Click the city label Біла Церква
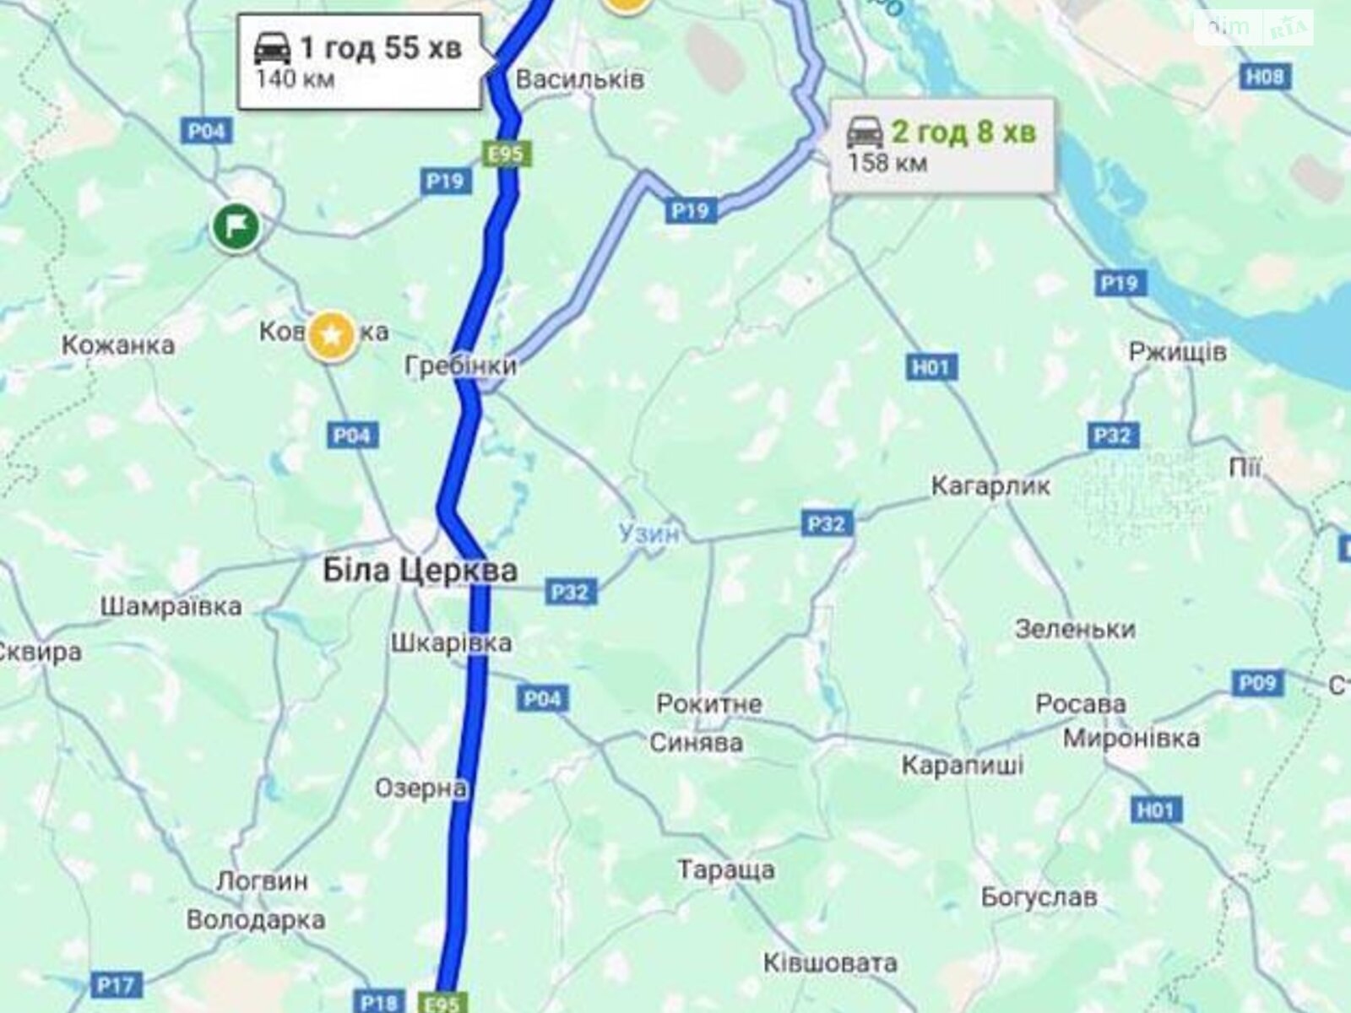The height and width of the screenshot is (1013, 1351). (x=420, y=571)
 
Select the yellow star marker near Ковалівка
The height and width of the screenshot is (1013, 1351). (x=332, y=336)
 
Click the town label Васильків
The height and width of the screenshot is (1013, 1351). (x=579, y=80)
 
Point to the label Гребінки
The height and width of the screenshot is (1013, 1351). (x=460, y=366)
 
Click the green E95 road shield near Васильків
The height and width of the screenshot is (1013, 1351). (x=507, y=154)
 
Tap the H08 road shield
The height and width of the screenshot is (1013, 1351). (x=1264, y=77)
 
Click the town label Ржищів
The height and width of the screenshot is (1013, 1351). (x=1177, y=351)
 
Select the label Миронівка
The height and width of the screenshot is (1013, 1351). (x=1131, y=738)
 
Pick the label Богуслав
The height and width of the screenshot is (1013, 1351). (x=1039, y=897)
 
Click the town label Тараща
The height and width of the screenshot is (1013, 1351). (x=726, y=869)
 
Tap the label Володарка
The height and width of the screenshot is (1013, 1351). (x=255, y=919)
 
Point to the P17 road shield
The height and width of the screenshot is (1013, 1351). (x=115, y=985)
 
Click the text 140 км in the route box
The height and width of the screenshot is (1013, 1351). (x=295, y=80)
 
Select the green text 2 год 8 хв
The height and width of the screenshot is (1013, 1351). (x=963, y=133)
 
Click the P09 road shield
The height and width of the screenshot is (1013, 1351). (x=1257, y=682)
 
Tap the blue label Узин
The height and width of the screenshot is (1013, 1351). (x=648, y=534)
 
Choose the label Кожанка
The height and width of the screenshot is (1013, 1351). (x=118, y=344)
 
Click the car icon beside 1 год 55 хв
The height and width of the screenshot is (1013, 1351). (x=273, y=48)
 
